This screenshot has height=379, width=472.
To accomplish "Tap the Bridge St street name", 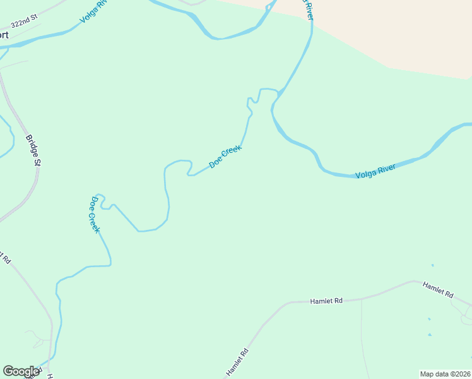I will [x=33, y=150].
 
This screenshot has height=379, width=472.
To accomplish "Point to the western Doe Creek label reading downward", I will [x=94, y=214].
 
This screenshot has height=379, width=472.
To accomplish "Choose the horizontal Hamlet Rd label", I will [x=326, y=302].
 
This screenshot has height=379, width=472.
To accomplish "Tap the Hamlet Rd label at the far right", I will [x=438, y=290].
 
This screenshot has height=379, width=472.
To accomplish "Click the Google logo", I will [x=21, y=371].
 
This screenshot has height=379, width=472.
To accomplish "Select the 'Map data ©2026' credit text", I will [x=444, y=374].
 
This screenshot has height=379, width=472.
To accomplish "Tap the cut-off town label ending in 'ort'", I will [x=4, y=35].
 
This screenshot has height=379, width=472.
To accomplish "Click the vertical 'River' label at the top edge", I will [x=308, y=9].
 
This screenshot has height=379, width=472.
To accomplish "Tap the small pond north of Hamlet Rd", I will [x=432, y=265].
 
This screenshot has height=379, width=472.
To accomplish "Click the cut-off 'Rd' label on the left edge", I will [x=6, y=258].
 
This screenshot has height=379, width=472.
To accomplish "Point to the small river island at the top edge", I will [x=193, y=2].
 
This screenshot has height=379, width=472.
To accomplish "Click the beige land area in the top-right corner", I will [x=404, y=32].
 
